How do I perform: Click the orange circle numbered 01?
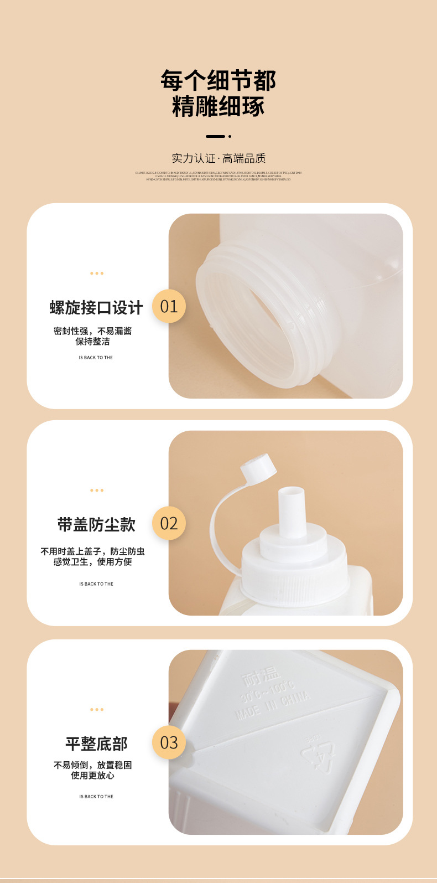[x=169, y=306]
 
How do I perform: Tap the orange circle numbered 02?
[x=169, y=523]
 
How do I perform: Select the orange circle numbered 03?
[x=169, y=742]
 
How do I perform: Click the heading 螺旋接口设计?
[x=96, y=307]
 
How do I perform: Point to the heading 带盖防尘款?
[x=96, y=524]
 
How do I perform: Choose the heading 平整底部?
[x=96, y=743]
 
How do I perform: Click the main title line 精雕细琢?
[x=218, y=106]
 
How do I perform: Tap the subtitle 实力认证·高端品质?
[x=218, y=158]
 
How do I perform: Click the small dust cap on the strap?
[x=258, y=464]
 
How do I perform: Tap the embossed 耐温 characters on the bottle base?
[x=262, y=677]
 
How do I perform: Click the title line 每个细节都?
[x=218, y=81]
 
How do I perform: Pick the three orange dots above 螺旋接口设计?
[x=97, y=273]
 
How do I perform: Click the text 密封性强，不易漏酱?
[x=93, y=331]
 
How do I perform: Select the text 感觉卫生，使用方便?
[x=93, y=562]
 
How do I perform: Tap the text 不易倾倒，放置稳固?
[x=93, y=765]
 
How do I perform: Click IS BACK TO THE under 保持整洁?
[x=96, y=358]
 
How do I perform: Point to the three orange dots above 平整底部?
[x=97, y=709]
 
